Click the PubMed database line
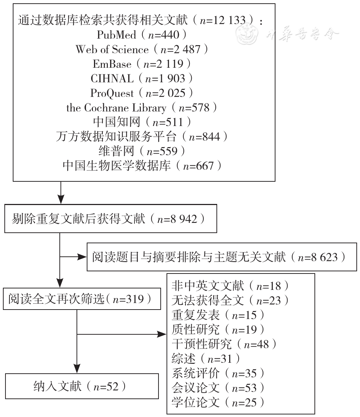pos(141,35)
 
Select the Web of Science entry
pos(141,50)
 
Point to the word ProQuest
pos(112,93)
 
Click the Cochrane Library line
pos(141,108)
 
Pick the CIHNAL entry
pos(141,79)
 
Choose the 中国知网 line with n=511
pos(142,122)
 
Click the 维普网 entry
pos(142,152)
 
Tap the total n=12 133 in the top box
pos(223,20)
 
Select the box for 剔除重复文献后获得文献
pos(111,219)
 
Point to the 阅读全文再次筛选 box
pos(82,299)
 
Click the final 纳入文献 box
pos(82,386)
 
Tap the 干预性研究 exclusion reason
pos(224,345)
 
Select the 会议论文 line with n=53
pos(218,388)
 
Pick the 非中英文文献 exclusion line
pos(230,286)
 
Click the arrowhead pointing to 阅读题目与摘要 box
pos(82,257)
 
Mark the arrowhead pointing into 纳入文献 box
pos(77,369)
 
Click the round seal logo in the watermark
pos(247,34)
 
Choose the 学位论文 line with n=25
pos(218,403)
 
